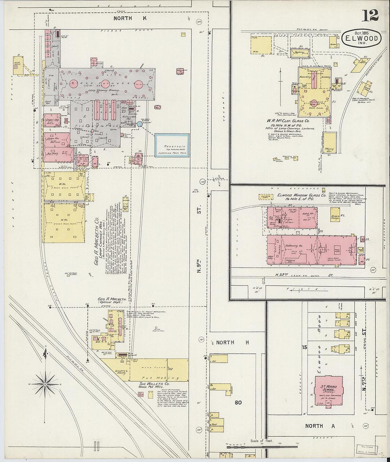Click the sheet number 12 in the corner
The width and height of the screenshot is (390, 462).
coord(370,15)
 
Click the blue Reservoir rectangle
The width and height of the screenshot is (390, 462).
coord(172,145)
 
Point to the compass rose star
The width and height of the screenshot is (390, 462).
coord(45,384)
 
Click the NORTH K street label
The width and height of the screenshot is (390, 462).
coord(123,18)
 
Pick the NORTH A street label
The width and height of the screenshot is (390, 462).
coord(319,426)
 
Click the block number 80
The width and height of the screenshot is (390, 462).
coord(238,403)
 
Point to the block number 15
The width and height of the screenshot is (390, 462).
coord(304,347)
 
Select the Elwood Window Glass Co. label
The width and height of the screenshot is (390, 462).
coord(301,195)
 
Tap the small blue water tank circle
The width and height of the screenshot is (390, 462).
coord(139,124)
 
